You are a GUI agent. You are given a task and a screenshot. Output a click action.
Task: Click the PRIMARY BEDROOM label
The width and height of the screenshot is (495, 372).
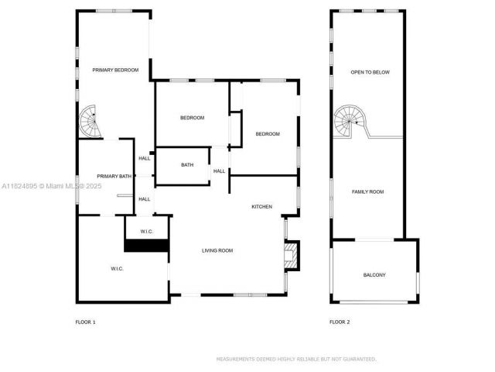coord(115,71)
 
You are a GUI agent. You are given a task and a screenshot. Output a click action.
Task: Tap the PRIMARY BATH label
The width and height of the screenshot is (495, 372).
coord(114,176)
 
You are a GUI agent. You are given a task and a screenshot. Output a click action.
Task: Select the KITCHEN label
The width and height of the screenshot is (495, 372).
coord(262,206)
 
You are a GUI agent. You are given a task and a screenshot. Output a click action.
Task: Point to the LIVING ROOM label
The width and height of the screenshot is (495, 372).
coord(217,250)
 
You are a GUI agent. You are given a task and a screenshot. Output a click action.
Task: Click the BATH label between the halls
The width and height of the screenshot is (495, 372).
coord(187,164)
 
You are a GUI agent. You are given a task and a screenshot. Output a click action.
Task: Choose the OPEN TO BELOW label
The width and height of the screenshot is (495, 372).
coord(370,72)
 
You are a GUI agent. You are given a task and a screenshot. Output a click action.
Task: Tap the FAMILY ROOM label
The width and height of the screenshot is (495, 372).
coord(367,191)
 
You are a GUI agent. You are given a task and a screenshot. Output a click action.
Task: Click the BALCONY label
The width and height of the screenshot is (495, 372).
coord(374,275)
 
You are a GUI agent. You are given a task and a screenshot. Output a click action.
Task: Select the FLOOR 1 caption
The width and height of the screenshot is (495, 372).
coord(85,322)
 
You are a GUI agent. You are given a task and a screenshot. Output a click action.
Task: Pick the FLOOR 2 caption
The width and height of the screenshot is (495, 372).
coord(340,322)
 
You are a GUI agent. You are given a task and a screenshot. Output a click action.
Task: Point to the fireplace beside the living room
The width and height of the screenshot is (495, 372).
coord(291,257)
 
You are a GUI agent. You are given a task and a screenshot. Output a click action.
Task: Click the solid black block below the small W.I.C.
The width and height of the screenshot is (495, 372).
coord(147,246)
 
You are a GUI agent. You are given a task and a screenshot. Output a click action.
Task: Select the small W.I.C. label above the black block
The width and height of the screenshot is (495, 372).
coord(147,232)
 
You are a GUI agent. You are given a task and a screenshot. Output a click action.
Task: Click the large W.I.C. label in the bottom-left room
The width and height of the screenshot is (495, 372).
coord(116,268)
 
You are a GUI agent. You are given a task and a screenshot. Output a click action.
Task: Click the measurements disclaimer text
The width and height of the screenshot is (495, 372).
coord(296,359)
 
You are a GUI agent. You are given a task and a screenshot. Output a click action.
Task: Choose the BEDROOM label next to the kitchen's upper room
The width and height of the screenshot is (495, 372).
coord(268,134)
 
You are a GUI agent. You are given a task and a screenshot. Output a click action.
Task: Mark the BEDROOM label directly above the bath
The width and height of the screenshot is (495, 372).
coord(192,117)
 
